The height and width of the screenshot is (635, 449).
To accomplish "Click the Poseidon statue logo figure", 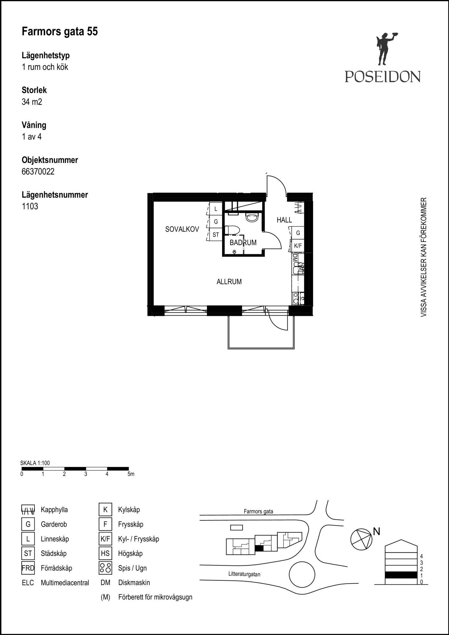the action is pyautogui.click(x=386, y=50).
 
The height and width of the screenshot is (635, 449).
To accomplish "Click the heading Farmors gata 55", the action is pyautogui.click(x=60, y=32).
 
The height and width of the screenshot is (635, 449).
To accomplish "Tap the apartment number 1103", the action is pyautogui.click(x=30, y=206).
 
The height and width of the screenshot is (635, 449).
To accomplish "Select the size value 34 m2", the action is pyautogui.click(x=32, y=102).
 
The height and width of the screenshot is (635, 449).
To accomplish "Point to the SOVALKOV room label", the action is pyautogui.click(x=182, y=229).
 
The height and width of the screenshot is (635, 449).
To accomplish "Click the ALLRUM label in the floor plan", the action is pyautogui.click(x=229, y=282).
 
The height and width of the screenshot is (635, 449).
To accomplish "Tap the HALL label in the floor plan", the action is pyautogui.click(x=284, y=220).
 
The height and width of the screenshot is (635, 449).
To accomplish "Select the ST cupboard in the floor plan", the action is pyautogui.click(x=216, y=235).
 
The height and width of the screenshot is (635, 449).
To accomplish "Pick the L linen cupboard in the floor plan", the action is pyautogui.click(x=216, y=209).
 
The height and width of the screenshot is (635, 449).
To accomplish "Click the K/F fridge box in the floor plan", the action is pyautogui.click(x=298, y=246).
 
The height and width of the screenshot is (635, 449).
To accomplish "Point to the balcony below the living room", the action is pyautogui.click(x=261, y=332).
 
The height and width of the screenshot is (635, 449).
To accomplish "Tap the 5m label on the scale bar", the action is pyautogui.click(x=131, y=474).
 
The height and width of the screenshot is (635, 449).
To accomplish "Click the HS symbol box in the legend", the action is pyautogui.click(x=105, y=553).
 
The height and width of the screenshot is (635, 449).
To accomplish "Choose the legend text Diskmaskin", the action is pyautogui.click(x=134, y=583).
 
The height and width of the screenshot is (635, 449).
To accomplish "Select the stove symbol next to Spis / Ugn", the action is pyautogui.click(x=105, y=568).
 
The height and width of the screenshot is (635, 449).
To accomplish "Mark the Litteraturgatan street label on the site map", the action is pyautogui.click(x=244, y=574).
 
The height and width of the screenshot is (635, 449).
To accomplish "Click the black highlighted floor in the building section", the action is pyautogui.click(x=401, y=575).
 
